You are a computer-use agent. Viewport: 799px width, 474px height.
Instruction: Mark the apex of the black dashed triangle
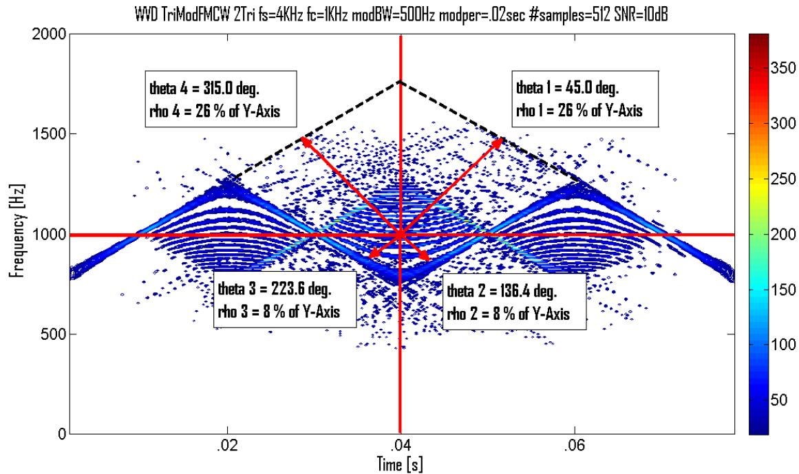[x=400, y=82]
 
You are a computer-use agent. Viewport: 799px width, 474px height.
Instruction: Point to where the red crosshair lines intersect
[x=400, y=235]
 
